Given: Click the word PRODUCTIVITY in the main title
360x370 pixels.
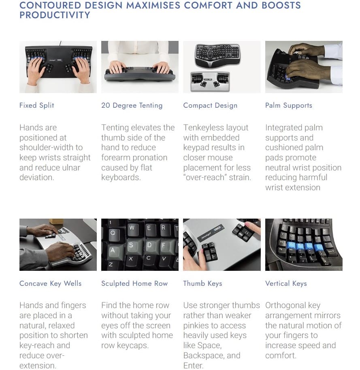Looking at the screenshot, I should pos(55,15).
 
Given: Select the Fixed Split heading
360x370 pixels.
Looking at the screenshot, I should pos(37,105).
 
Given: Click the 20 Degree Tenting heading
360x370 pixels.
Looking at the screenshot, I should pos(132,105).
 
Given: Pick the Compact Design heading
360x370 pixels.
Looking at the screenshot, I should pos(210,105).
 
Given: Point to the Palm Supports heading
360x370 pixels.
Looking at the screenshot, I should pos(289,105).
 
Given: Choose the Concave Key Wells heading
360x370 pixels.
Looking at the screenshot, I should pos(50,283).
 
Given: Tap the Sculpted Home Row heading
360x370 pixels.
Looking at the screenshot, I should pos(134,283).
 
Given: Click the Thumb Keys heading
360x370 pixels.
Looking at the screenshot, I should pos(202,283).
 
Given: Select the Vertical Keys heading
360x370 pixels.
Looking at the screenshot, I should pos(286,283).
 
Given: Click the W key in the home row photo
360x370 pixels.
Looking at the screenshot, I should pos(132,228).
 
